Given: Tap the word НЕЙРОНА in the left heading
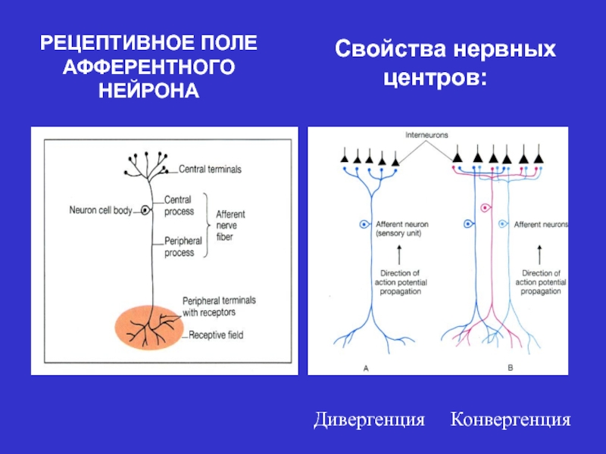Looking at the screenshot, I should tap(149, 91).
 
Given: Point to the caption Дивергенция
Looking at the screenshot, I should tap(370, 419).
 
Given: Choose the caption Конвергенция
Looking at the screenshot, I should tap(511, 419).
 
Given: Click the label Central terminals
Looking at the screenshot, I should tap(210, 169).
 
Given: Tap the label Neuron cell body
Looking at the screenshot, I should tap(102, 210).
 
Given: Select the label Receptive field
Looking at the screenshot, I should tap(216, 334).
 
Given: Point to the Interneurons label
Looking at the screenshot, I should tap(426, 135).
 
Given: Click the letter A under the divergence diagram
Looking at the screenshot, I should tap(366, 368).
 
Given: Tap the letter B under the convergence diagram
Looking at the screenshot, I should tap(509, 368).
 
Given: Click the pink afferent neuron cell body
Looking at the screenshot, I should tap(484, 206).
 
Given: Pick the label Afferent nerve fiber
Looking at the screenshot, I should tap(230, 225).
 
